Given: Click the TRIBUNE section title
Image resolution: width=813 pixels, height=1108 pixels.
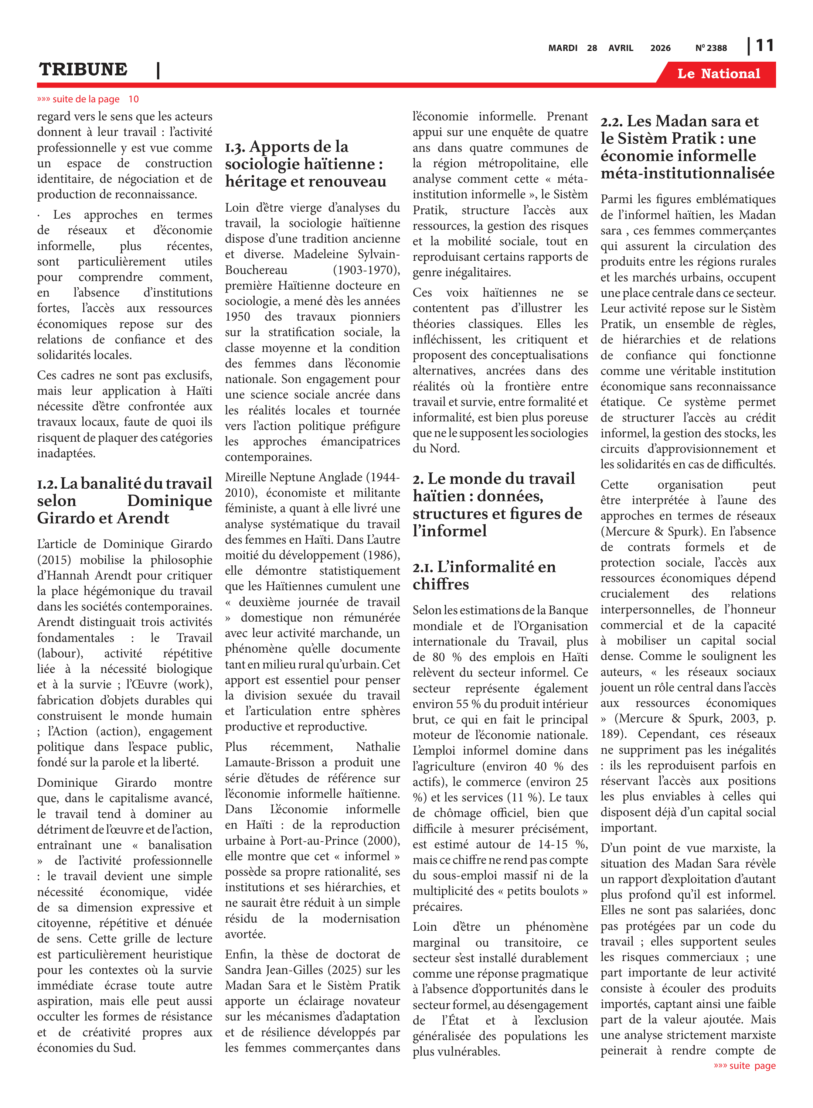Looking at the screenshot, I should (x=83, y=70).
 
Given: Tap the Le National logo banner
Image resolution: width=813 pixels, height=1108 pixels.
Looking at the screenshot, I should (x=718, y=74).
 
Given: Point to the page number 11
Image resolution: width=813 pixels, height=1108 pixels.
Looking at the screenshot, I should (x=764, y=46).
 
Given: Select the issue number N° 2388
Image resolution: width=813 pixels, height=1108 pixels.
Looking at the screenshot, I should (x=711, y=48).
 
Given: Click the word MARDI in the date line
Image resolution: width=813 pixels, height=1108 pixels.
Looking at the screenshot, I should (x=562, y=48).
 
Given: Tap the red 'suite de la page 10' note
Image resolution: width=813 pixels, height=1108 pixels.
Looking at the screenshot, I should (x=88, y=99).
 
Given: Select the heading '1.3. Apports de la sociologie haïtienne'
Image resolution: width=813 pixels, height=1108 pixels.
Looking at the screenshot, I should (x=305, y=164).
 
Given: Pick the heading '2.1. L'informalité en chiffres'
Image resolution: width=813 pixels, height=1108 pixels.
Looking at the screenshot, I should (x=484, y=575).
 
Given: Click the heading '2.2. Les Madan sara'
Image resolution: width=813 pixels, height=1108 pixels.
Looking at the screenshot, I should (x=687, y=147).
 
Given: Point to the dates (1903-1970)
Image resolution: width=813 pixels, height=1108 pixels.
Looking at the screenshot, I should (x=366, y=270).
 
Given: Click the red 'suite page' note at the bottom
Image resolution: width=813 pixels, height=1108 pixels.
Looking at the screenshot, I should (x=745, y=1066).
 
